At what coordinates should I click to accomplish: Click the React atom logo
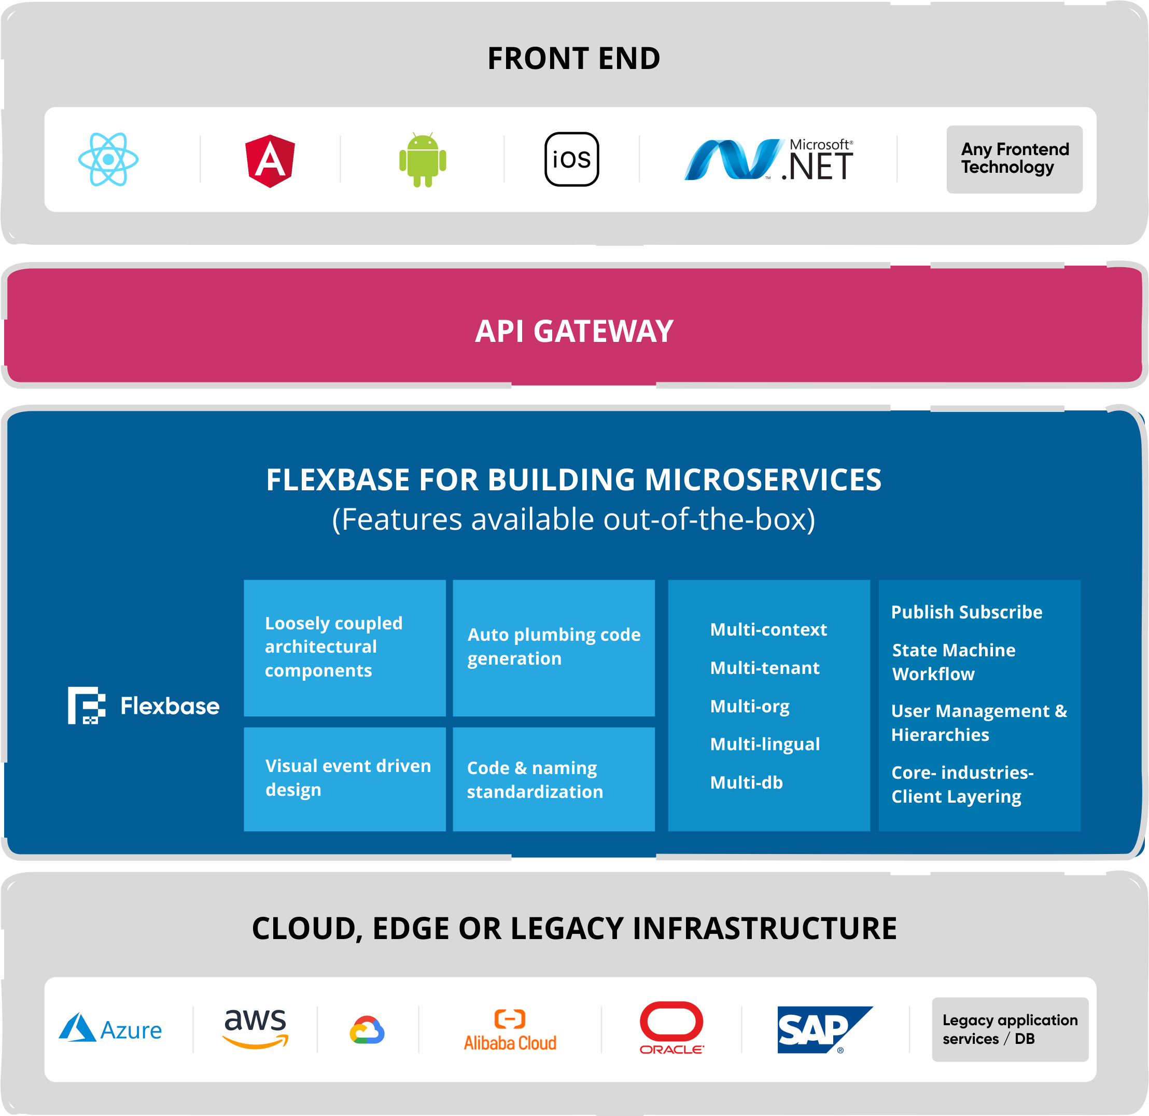(108, 159)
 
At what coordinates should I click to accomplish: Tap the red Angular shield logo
(270, 161)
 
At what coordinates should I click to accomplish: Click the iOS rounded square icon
(571, 159)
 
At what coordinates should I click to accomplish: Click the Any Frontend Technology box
(1014, 159)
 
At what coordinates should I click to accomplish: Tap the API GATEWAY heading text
(574, 332)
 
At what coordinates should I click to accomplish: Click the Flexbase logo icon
(87, 706)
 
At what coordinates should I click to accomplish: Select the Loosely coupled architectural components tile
(345, 647)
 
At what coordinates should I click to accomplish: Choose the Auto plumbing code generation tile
(553, 647)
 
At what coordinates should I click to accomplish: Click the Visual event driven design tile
(345, 779)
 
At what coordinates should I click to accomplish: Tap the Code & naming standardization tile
(553, 779)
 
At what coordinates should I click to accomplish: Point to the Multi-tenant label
(764, 668)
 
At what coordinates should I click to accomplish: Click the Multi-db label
(746, 782)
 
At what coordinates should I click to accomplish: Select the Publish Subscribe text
(966, 612)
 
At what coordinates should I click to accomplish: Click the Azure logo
(110, 1029)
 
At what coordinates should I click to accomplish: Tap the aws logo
(256, 1028)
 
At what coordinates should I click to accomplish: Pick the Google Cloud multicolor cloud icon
(368, 1030)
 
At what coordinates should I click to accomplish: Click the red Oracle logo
(671, 1027)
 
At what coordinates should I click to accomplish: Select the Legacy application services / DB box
(1010, 1029)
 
